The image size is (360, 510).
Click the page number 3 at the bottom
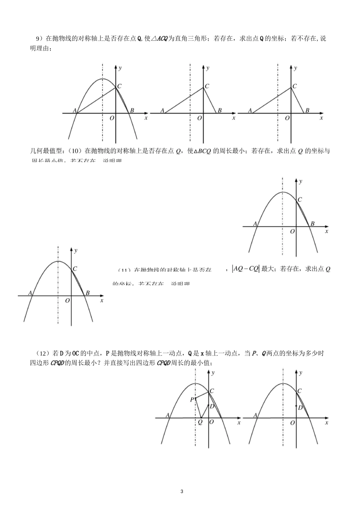tap(182, 492)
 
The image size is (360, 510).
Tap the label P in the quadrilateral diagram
tap(192, 399)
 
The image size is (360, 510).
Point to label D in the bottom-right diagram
tap(300, 408)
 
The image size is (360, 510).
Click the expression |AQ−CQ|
tap(245, 269)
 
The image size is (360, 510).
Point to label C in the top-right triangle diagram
tap(294, 86)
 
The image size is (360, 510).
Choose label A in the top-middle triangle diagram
tap(162, 111)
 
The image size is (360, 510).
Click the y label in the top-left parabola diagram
tap(120, 68)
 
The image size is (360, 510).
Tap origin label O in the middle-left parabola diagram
tap(67, 300)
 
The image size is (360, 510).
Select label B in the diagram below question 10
tap(313, 224)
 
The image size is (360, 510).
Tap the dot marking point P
tap(196, 399)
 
